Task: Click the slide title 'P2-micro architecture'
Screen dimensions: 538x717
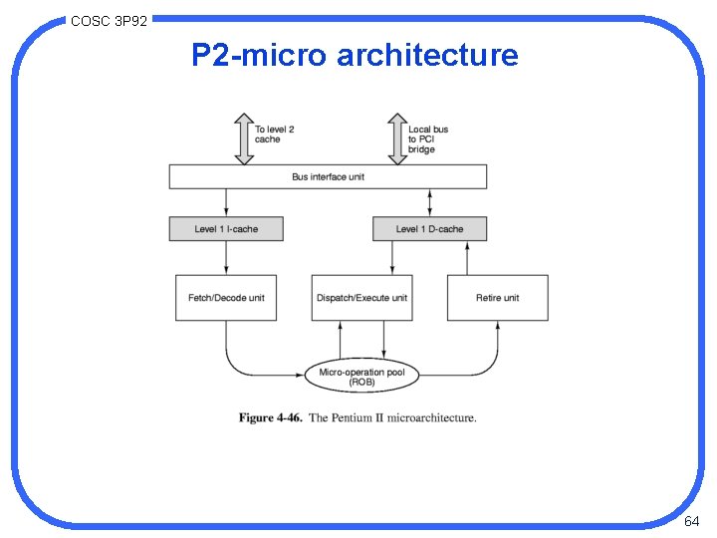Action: tap(355, 55)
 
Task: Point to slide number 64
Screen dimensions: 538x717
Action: tap(692, 521)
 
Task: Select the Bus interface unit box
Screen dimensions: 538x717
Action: tap(328, 177)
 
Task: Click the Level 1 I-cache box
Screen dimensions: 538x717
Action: tap(226, 229)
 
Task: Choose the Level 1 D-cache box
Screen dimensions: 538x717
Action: tap(429, 229)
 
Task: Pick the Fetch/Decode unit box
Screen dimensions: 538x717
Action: tap(226, 298)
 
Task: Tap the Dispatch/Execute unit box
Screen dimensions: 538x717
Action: tap(361, 298)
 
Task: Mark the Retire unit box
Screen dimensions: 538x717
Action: tap(497, 298)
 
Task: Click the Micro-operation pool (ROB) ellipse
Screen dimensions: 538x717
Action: tap(361, 376)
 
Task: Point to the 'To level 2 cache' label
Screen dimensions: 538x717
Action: tap(275, 134)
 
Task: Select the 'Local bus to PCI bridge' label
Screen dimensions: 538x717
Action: tap(428, 138)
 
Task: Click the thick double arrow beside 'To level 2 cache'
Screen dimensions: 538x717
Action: tap(242, 138)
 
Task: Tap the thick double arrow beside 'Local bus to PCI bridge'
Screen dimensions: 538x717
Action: tap(395, 138)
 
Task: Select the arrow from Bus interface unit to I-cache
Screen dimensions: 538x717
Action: tap(226, 203)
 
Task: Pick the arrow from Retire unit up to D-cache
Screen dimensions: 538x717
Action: tap(468, 258)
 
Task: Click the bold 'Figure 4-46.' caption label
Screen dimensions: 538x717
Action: tap(270, 417)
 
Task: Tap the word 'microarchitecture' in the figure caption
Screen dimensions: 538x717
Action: tap(430, 417)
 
